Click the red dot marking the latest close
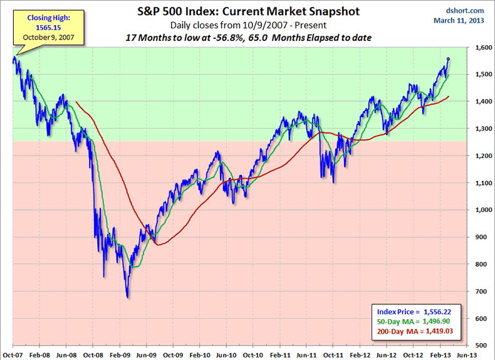[x=448, y=59]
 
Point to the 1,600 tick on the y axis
[x=482, y=47]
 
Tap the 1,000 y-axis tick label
[x=482, y=210]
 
